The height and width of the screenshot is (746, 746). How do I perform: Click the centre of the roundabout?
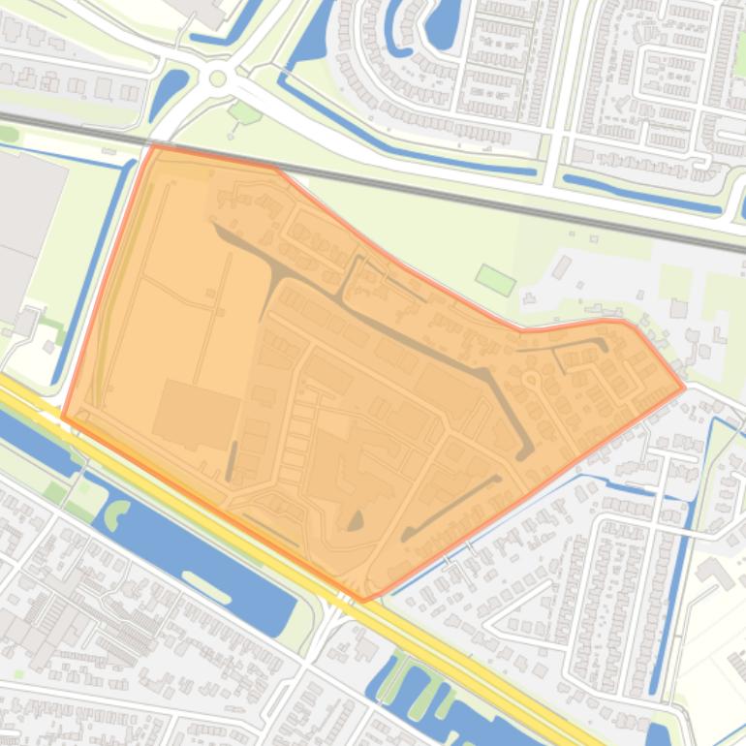click(218, 78)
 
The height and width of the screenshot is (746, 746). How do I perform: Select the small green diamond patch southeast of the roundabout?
click(245, 113)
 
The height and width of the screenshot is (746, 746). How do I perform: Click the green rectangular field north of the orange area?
click(495, 280)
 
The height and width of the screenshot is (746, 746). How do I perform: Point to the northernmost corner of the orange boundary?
click(154, 145)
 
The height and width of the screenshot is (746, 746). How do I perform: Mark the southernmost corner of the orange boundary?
click(363, 601)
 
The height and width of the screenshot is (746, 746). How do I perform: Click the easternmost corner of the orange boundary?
click(685, 388)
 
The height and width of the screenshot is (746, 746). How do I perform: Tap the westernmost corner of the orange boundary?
click(63, 417)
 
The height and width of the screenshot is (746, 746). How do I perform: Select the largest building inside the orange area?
click(197, 414)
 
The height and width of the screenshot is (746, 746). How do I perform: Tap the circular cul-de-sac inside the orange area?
click(532, 379)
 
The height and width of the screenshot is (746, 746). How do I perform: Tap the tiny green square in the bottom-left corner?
click(18, 673)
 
